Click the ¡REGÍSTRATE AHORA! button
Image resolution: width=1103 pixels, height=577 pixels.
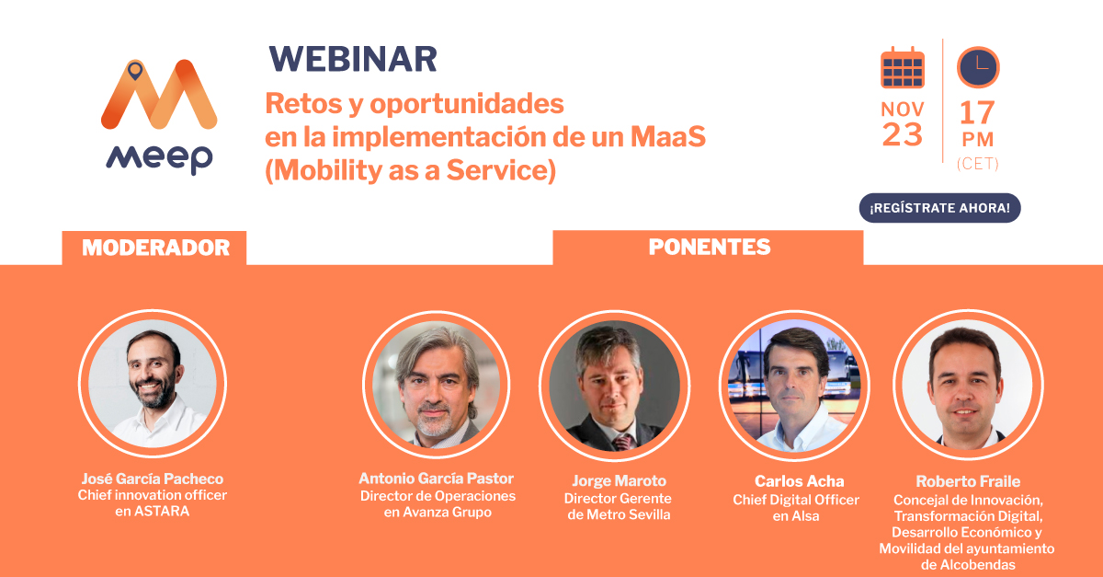939,208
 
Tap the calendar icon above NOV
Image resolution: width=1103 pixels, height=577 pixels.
902,67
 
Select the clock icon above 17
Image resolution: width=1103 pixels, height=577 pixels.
977,67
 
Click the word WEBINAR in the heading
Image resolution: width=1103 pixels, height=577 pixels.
352,59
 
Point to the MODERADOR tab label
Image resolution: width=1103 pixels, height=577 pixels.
154,248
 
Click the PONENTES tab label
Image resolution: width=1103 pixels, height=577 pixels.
709,248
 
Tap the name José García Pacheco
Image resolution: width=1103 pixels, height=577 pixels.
152,479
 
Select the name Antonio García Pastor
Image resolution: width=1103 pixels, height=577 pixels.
436,479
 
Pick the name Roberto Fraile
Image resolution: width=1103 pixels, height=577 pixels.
968,481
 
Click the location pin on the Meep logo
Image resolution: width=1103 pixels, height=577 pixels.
136,70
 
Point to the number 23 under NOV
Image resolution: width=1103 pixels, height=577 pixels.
902,135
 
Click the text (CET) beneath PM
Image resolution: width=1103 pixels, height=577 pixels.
977,164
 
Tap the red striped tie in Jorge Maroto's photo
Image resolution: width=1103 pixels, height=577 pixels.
623,441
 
